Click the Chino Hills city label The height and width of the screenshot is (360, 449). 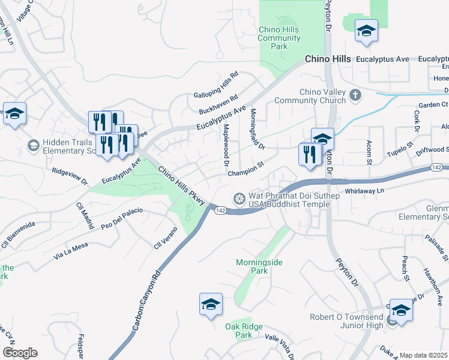pos(328,59)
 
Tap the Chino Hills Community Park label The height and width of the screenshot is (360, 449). pos(279,38)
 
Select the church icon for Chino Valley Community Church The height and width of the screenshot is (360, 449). pos(355,95)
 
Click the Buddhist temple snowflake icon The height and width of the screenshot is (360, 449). pos(239,199)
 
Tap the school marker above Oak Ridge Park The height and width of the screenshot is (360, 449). pos(211,305)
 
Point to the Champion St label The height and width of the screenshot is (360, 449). pos(246,169)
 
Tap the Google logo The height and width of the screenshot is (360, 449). pos(20,353)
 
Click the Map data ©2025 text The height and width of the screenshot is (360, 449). pos(424,355)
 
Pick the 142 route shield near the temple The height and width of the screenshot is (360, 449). pos(221,210)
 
